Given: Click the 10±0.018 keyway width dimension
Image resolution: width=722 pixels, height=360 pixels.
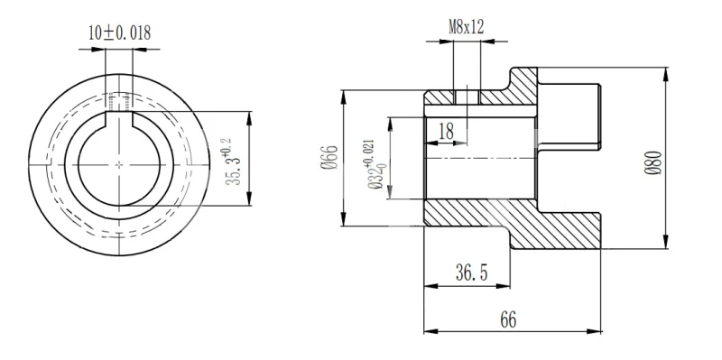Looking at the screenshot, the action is [120, 33].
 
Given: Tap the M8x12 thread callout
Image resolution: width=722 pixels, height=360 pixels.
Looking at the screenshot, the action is [467, 27].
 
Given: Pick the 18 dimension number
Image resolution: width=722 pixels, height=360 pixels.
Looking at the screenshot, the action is [446, 132].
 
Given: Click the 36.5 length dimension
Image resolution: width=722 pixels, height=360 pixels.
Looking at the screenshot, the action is [471, 273].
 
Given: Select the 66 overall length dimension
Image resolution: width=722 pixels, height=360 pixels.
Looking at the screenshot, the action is [508, 319].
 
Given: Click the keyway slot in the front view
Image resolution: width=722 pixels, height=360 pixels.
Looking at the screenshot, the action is [119, 119].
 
